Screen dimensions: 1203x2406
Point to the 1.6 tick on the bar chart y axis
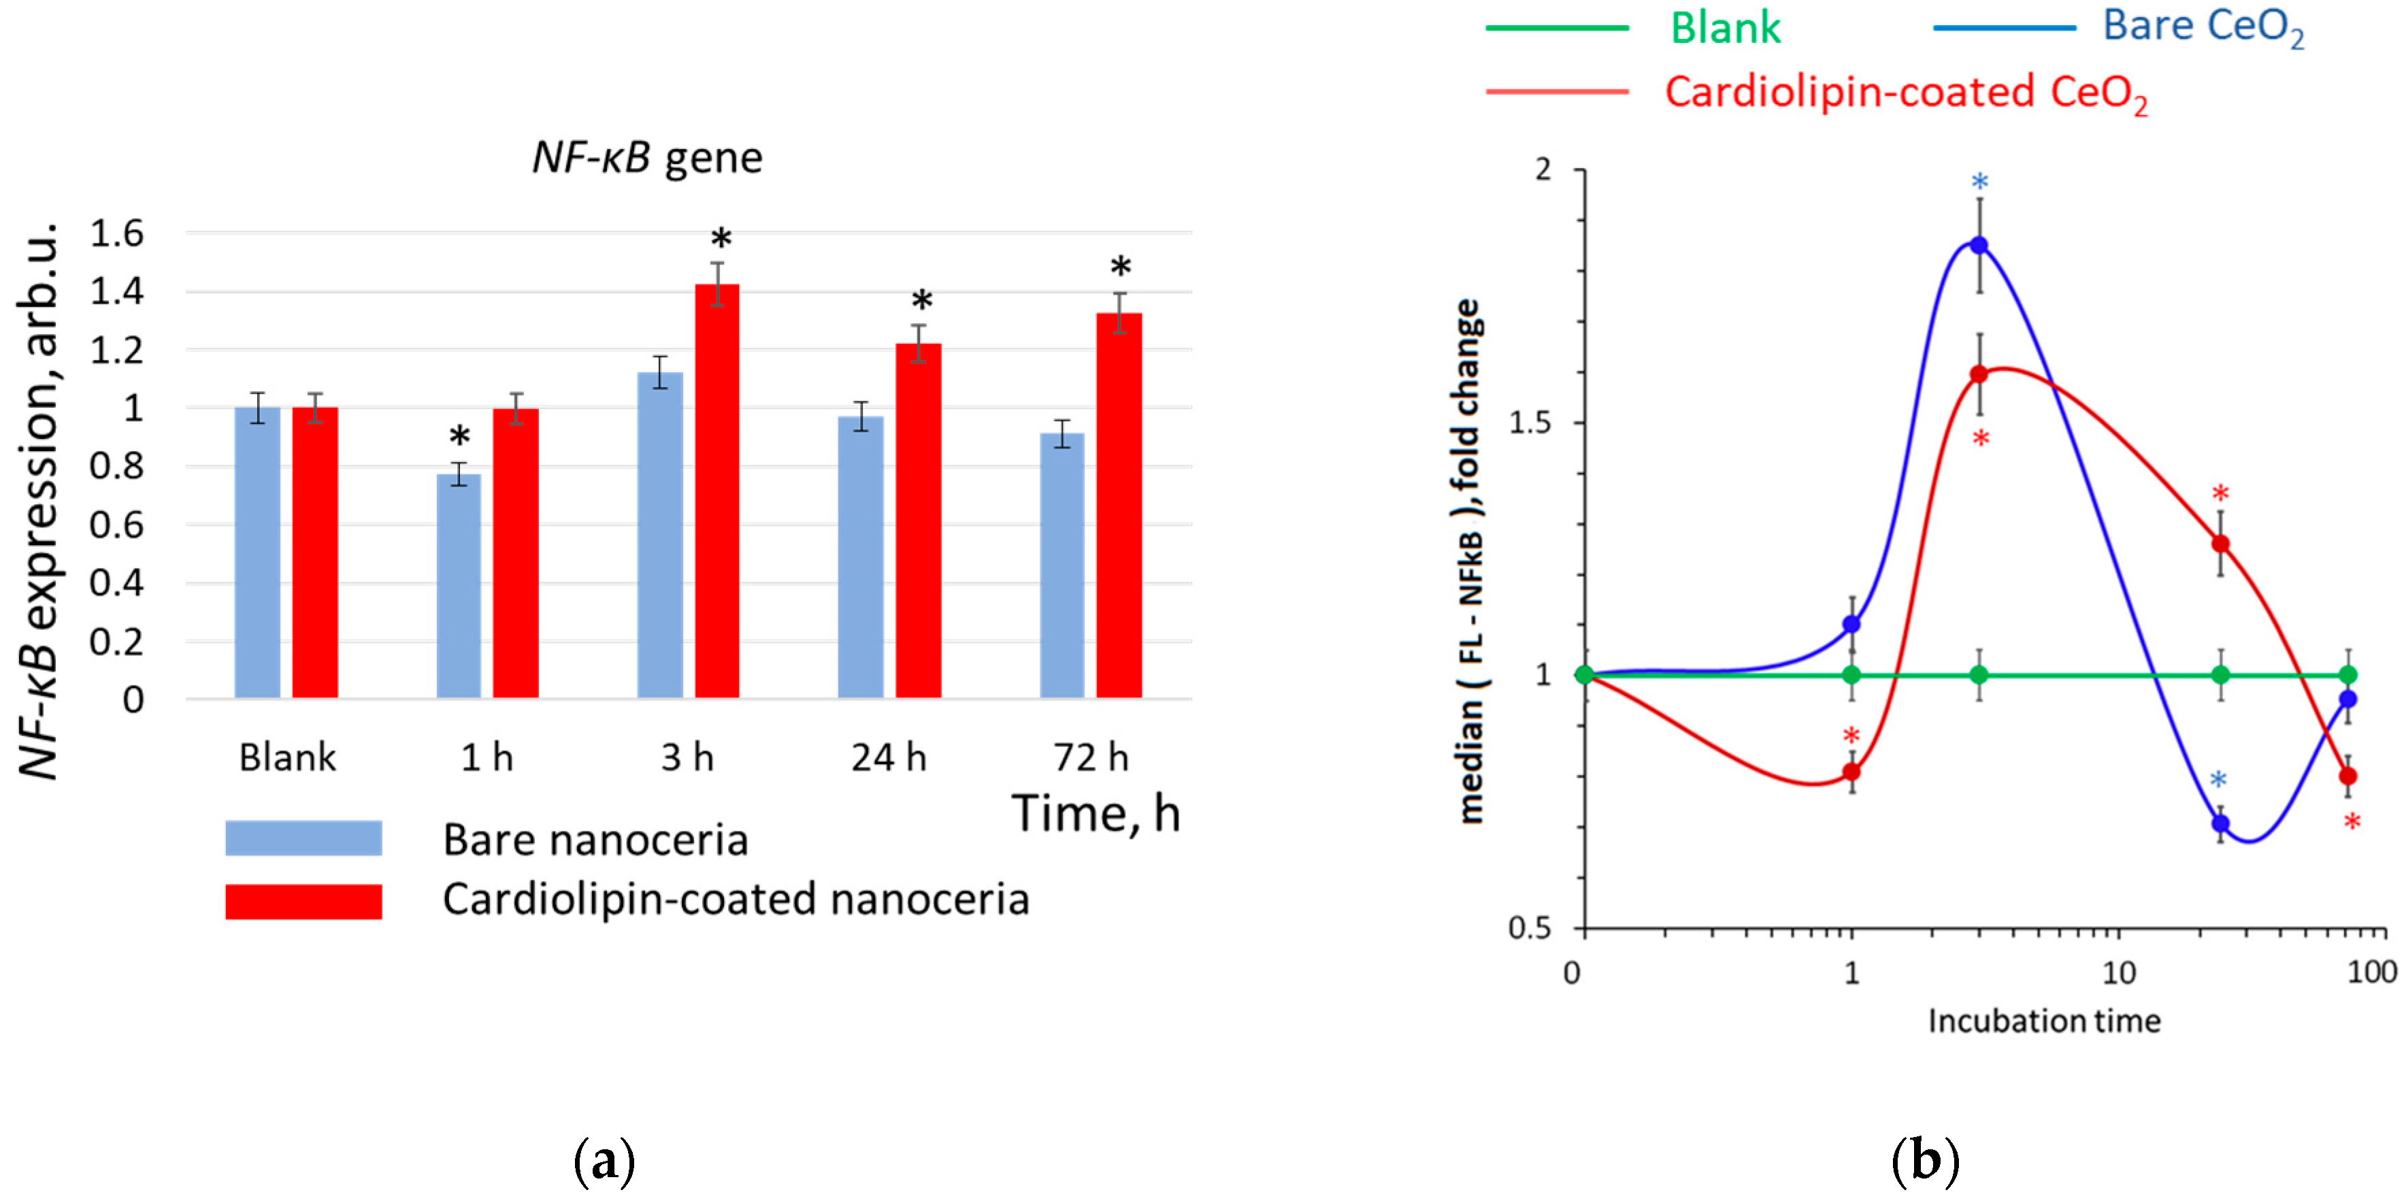click(x=117, y=233)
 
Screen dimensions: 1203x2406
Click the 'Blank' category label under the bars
click(x=286, y=757)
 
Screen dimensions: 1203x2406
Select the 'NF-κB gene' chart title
click(x=647, y=157)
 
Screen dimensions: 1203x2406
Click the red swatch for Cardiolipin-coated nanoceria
click(x=303, y=902)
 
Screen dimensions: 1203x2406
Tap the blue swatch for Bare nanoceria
click(x=303, y=838)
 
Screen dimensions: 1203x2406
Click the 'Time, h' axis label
click(x=1095, y=814)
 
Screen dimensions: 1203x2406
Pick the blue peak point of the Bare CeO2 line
click(x=1978, y=246)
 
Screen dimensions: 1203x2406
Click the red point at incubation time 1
click(x=1850, y=772)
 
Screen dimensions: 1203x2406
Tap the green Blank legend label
click(x=1724, y=28)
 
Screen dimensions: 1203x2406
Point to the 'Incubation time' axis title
click(x=2043, y=1021)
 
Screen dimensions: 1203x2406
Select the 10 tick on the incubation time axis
click(x=2117, y=973)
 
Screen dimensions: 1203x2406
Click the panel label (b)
click(x=1924, y=1161)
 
